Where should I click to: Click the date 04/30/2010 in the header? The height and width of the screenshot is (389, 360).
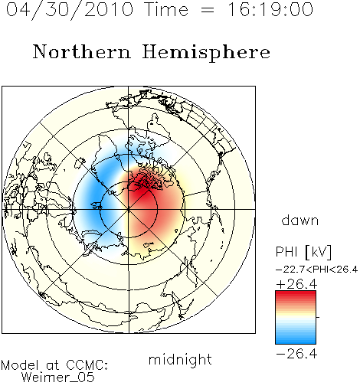(70, 9)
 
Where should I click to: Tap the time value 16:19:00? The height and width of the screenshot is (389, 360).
(270, 9)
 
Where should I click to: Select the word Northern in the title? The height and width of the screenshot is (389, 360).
(82, 51)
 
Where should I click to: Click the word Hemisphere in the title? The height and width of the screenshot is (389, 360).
(206, 53)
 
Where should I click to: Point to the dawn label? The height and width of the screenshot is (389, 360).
(300, 220)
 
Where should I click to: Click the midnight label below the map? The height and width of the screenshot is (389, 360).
(180, 359)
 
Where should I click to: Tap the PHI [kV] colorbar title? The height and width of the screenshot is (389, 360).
(303, 252)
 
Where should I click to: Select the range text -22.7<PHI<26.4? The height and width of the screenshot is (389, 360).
(316, 270)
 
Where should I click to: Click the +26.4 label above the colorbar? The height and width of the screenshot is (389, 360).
(296, 284)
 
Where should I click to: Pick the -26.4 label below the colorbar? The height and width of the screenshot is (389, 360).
(296, 354)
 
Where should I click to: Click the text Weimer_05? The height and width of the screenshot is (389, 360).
(58, 378)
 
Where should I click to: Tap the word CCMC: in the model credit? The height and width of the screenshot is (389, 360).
(87, 365)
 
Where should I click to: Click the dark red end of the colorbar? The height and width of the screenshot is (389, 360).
(296, 294)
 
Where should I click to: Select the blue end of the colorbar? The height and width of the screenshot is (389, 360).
(296, 341)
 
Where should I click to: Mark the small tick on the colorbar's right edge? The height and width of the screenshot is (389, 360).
(318, 317)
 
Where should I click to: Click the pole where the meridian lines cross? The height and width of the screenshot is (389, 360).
(129, 210)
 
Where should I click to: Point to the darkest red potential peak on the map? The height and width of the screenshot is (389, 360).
(139, 190)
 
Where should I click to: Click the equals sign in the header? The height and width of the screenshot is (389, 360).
(208, 10)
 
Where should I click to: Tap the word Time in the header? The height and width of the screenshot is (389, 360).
(166, 9)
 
